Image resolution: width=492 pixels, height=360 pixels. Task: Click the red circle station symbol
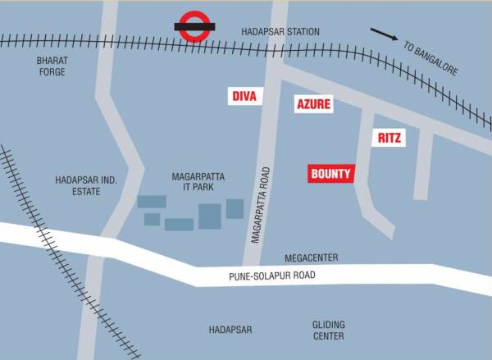[195, 25]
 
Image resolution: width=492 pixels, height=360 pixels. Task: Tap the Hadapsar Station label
[280, 31]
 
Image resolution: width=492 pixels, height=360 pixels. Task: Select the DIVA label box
[244, 97]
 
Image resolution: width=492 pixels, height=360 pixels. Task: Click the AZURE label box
[314, 104]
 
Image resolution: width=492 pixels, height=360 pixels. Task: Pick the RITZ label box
[389, 139]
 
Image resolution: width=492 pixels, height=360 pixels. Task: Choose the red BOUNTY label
[331, 174]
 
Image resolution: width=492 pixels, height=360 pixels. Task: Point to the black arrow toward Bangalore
[383, 35]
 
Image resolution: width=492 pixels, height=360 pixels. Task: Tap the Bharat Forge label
[50, 66]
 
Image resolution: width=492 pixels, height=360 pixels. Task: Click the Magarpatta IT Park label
[198, 181]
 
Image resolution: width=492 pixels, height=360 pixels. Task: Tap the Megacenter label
[311, 257]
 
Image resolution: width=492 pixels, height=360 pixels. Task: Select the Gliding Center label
[328, 330]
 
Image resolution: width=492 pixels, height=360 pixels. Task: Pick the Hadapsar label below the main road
[230, 330]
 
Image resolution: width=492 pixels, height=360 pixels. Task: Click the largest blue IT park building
[210, 216]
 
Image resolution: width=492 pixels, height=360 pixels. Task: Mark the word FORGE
[50, 72]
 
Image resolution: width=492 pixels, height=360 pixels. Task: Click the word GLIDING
[328, 325]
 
